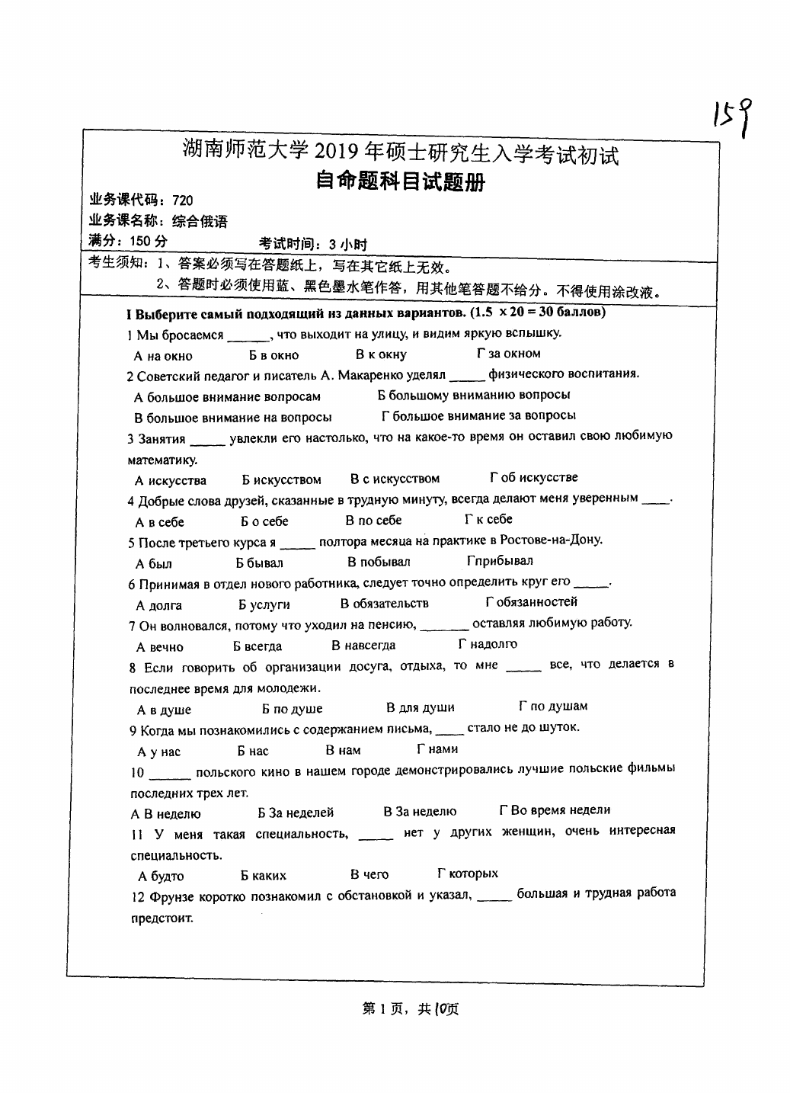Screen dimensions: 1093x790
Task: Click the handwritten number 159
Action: tap(735, 117)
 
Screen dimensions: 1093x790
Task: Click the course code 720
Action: tap(183, 200)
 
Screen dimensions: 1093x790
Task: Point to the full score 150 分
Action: tap(149, 242)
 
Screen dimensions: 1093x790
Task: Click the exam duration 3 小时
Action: tap(347, 244)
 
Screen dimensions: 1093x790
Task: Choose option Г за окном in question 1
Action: tap(508, 354)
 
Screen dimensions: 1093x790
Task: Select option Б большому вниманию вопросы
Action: tap(474, 395)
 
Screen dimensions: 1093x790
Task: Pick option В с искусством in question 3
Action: tap(395, 479)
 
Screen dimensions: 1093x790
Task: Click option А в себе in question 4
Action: tap(160, 522)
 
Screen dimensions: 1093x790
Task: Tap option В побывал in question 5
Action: tap(379, 562)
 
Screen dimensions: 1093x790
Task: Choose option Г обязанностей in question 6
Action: tap(531, 602)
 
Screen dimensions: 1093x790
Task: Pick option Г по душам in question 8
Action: tap(553, 707)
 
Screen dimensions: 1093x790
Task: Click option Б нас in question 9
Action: tap(253, 751)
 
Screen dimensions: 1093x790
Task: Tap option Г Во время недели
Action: tap(555, 810)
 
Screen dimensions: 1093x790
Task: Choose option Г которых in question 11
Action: tap(468, 873)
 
